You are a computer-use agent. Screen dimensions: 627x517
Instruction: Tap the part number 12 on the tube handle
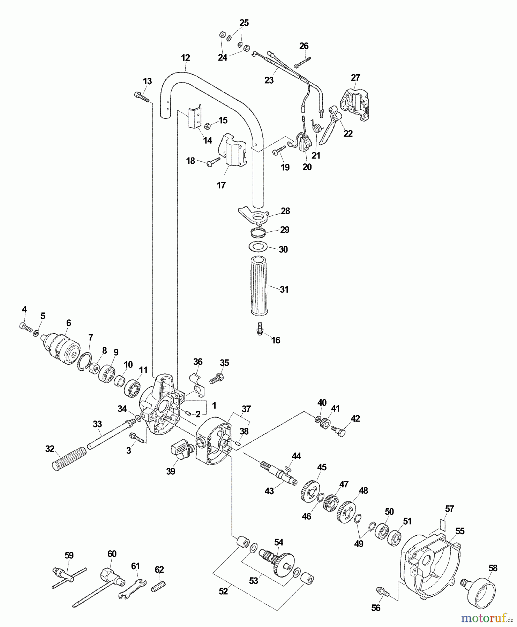186,58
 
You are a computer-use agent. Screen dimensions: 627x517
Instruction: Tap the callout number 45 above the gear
322,467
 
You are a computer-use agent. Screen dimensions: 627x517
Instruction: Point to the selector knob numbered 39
181,449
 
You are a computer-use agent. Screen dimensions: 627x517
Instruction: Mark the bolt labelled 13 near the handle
141,96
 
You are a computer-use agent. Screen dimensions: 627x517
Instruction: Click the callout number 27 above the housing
355,77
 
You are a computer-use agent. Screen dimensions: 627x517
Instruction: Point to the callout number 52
223,591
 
